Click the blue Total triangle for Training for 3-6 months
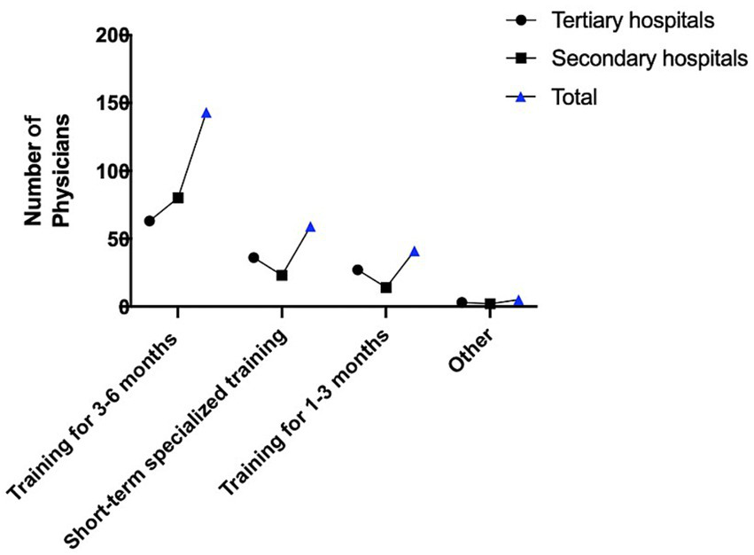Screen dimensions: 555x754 (206, 113)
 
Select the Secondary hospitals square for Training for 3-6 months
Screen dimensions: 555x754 (178, 198)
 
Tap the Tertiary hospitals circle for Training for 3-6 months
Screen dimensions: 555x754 (150, 221)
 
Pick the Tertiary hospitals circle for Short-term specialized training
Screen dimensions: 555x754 (253, 257)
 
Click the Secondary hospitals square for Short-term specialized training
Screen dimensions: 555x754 (282, 275)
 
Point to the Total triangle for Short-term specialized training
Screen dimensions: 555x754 (310, 227)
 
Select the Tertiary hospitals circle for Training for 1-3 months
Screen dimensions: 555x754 (357, 270)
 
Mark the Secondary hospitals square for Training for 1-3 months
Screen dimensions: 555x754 (385, 287)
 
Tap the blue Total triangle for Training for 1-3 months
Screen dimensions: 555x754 (414, 251)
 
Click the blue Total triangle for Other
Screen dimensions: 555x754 (518, 301)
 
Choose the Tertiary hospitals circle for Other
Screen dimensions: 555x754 (462, 302)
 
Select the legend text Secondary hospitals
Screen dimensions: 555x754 (649, 59)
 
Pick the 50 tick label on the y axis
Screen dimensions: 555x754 (118, 239)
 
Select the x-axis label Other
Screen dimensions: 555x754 (473, 353)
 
